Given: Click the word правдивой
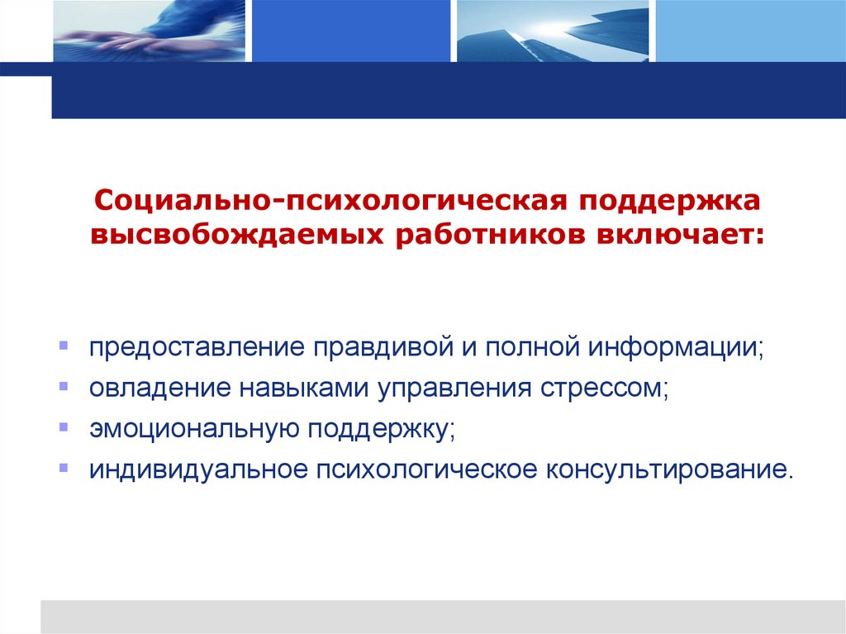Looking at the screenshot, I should tap(378, 346).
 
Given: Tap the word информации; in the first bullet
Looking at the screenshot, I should tap(677, 346).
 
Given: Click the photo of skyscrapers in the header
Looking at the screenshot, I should tap(549, 31).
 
